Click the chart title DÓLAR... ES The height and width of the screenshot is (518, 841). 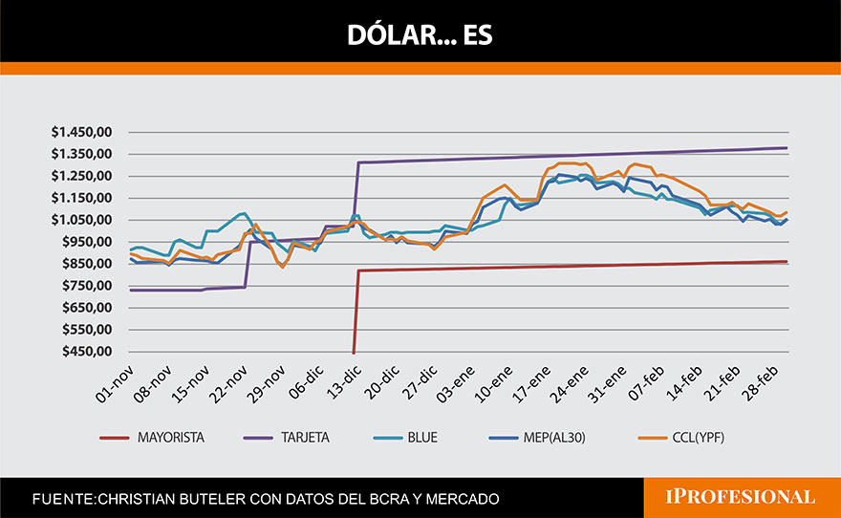420,36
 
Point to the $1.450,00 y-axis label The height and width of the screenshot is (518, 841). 83,132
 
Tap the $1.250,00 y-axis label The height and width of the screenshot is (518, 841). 83,176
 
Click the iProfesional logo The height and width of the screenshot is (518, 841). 742,497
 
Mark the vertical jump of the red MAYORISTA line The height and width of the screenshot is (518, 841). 356,311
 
